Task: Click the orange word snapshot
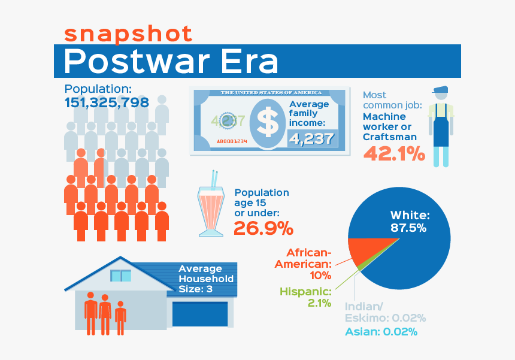pyautogui.click(x=128, y=34)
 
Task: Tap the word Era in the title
pyautogui.click(x=250, y=61)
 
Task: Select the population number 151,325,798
pyautogui.click(x=107, y=102)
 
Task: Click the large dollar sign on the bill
pyautogui.click(x=268, y=122)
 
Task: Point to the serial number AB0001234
pyautogui.click(x=232, y=141)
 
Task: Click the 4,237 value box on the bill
pyautogui.click(x=312, y=138)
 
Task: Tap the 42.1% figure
pyautogui.click(x=394, y=153)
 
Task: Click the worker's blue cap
pyautogui.click(x=441, y=89)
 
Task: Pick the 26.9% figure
pyautogui.click(x=263, y=228)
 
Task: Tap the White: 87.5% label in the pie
pyautogui.click(x=410, y=221)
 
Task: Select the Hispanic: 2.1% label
pyautogui.click(x=305, y=297)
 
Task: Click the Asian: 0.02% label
pyautogui.click(x=381, y=332)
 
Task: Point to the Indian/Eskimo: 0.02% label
pyautogui.click(x=385, y=312)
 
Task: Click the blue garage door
pyautogui.click(x=200, y=314)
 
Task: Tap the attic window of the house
pyautogui.click(x=120, y=276)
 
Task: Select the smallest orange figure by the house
pyautogui.click(x=120, y=318)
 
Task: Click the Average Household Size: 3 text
pyautogui.click(x=206, y=279)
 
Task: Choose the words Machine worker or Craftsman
pyautogui.click(x=390, y=127)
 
